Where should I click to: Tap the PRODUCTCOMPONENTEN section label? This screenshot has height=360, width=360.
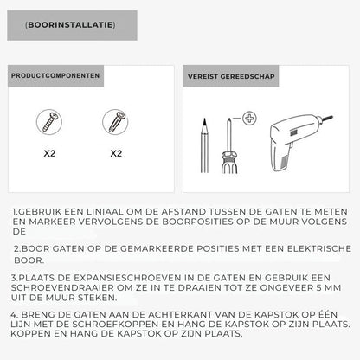[x=55, y=76]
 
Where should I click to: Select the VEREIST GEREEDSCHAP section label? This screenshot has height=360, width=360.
[x=230, y=76]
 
